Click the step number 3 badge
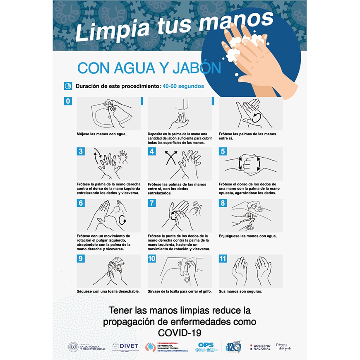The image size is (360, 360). [x=81, y=151]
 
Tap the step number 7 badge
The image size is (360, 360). [x=152, y=203]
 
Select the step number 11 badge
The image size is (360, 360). [x=223, y=259]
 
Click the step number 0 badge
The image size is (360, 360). [x=68, y=101]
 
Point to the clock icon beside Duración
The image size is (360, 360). [x=68, y=86]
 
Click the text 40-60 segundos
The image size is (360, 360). [x=183, y=86]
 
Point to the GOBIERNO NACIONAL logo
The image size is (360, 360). [x=260, y=347]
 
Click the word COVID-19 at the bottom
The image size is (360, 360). [x=180, y=333]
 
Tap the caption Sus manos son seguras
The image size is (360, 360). [x=240, y=291]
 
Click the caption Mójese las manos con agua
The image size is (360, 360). [x=101, y=134]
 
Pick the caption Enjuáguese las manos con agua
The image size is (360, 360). [x=247, y=236]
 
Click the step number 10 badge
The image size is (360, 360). [x=152, y=259]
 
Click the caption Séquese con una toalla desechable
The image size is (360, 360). [x=108, y=291]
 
